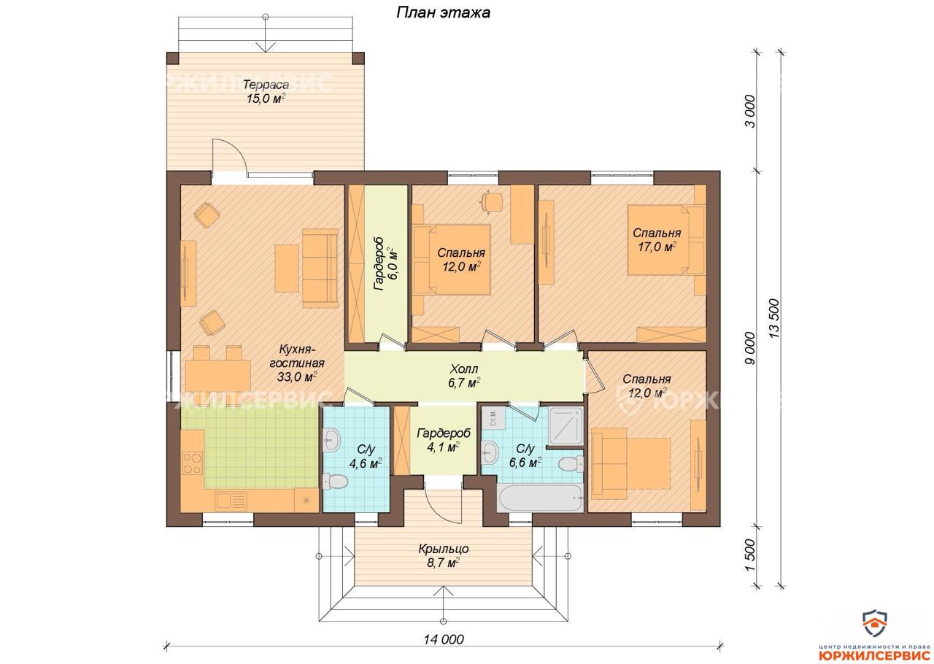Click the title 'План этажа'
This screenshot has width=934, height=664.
(x=443, y=13)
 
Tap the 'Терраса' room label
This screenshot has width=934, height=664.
(x=266, y=85)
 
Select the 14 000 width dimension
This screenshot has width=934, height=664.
(x=444, y=638)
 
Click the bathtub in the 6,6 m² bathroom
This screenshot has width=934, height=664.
(x=541, y=498)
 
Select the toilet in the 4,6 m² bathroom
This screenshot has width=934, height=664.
(x=335, y=482)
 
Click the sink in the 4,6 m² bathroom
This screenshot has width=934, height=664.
(x=332, y=439)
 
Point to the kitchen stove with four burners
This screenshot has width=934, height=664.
(x=192, y=463)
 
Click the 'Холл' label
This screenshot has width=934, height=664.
(x=464, y=368)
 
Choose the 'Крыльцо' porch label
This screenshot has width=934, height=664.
(x=444, y=549)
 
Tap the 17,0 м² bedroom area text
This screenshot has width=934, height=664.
(x=657, y=247)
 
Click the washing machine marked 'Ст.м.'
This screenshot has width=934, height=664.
(x=493, y=418)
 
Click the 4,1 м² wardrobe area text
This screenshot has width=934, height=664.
(x=443, y=447)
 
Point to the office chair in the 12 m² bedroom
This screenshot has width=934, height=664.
(x=492, y=202)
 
